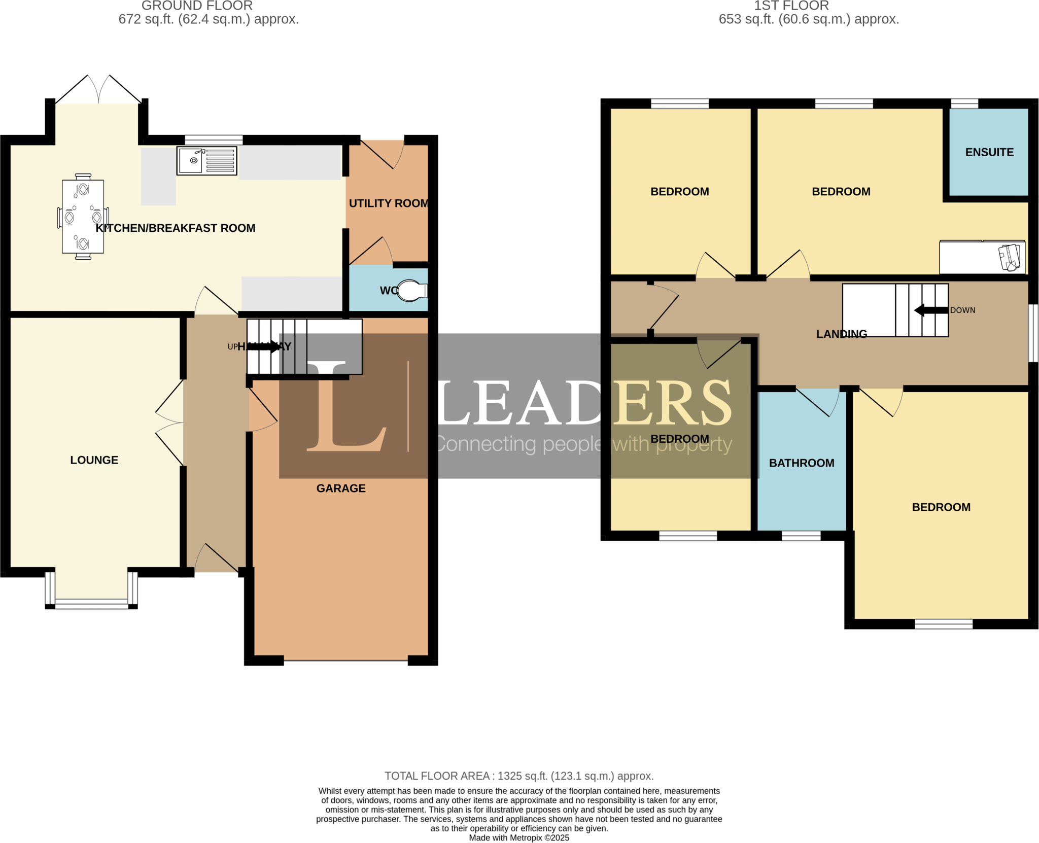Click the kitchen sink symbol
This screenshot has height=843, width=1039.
click(x=206, y=161)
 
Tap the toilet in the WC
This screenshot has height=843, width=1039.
click(x=412, y=291)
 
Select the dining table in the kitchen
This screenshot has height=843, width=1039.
click(x=83, y=217)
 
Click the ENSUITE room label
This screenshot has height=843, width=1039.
click(x=989, y=152)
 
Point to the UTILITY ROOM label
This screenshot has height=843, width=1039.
click(x=389, y=203)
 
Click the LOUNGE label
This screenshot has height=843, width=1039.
click(x=94, y=460)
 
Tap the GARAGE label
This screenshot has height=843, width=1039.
click(x=341, y=488)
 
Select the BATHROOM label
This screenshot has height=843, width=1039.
click(x=801, y=463)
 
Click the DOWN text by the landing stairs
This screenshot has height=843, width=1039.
click(x=962, y=310)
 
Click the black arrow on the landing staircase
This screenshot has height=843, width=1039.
click(x=930, y=310)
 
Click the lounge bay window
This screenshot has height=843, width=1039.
click(x=91, y=603)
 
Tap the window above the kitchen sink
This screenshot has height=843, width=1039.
click(x=214, y=140)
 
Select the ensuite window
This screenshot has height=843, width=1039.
click(x=964, y=104)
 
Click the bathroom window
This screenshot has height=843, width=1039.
click(x=801, y=536)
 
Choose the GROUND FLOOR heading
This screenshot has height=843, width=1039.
click(x=197, y=6)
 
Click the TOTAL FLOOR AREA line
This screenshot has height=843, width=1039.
click(x=518, y=776)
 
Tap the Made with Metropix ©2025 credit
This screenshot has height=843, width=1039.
click(x=518, y=838)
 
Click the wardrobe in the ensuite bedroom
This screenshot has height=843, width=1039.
click(x=982, y=257)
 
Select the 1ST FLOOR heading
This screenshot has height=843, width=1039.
click(x=791, y=6)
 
